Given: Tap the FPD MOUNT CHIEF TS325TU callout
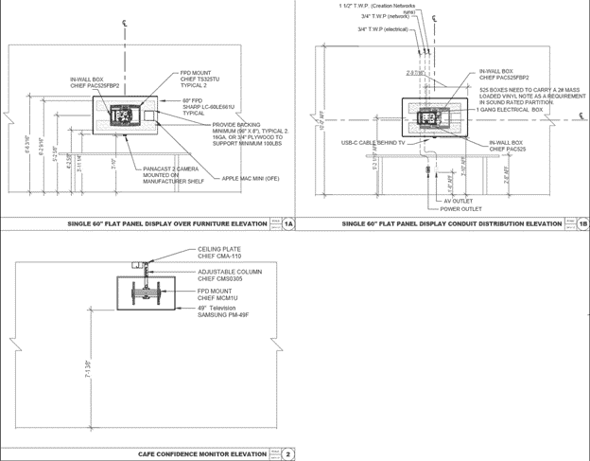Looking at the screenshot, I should point(203,77).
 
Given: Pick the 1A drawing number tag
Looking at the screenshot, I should point(289,224).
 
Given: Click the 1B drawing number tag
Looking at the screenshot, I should point(582,224).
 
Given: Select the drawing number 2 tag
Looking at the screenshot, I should point(289,453).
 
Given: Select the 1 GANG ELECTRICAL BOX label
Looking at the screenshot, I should point(510,111).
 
